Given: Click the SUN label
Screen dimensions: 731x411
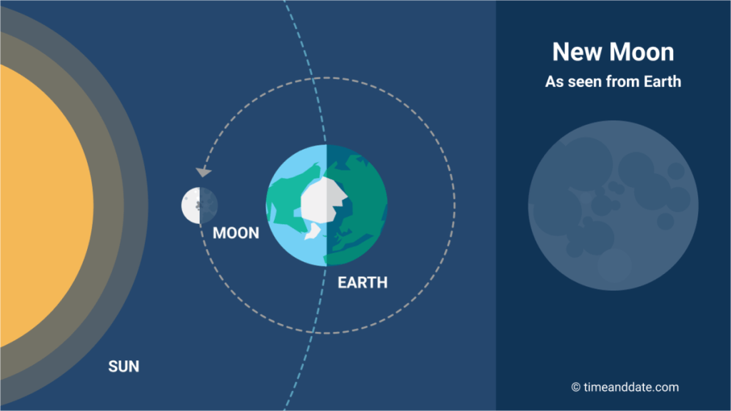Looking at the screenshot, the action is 123,367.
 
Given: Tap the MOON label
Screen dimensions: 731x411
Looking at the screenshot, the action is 236,233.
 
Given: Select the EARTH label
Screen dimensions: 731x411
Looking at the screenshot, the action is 363,283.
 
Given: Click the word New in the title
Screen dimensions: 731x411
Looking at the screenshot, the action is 577,51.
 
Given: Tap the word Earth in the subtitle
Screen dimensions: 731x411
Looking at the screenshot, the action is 662,81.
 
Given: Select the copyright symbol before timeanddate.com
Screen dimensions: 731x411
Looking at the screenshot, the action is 576,387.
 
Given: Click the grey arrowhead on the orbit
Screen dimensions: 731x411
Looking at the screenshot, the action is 203,172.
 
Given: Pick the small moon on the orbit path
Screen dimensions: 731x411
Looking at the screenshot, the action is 200,205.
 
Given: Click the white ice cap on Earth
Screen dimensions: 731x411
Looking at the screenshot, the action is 323,201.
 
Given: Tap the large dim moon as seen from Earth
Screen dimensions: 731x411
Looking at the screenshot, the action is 613,205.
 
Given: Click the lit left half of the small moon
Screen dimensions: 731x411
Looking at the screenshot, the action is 191,205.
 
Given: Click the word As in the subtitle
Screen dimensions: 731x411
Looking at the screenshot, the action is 554,81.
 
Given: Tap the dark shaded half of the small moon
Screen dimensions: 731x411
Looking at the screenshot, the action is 209,205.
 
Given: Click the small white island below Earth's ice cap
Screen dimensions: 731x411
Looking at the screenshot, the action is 313,231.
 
